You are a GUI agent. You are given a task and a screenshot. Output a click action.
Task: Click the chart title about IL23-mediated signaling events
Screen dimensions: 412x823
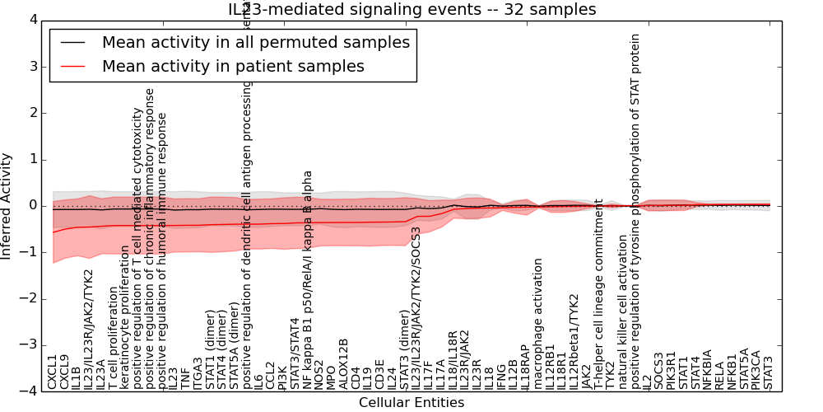pos(411,9)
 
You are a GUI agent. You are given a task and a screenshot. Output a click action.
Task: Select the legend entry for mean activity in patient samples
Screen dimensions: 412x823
pos(233,67)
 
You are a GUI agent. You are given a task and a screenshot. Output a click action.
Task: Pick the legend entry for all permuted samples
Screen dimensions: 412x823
pos(255,42)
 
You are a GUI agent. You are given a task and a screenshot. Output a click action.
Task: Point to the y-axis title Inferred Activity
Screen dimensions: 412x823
pos(7,205)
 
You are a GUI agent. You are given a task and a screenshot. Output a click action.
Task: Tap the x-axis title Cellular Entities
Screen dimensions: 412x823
pos(411,403)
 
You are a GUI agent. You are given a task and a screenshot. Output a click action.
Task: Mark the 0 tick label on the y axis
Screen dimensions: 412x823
pos(33,206)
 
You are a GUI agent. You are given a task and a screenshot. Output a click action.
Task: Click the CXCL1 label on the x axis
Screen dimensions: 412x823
pos(53,372)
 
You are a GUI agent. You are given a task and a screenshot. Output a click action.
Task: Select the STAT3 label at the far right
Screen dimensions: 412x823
pos(769,372)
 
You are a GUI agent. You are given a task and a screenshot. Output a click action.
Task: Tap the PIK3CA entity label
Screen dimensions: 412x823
pos(756,368)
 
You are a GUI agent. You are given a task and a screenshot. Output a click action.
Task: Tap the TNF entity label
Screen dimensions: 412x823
pos(185,377)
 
